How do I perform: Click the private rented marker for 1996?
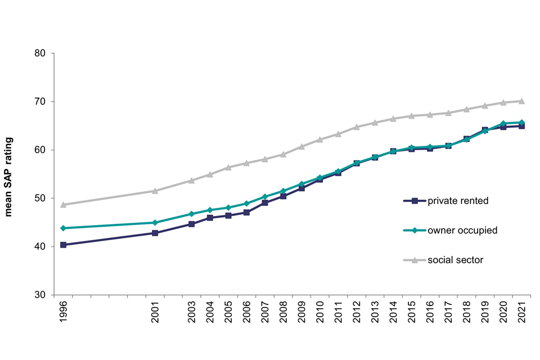coord(63,245)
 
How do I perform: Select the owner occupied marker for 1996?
coord(63,228)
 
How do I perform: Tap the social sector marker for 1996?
coord(63,205)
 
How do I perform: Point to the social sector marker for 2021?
coord(521,101)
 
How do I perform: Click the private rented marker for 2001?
coord(155,233)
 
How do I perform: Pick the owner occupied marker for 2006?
coord(246,204)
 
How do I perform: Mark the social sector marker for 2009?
coord(301,147)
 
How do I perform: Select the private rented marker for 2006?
coord(246,213)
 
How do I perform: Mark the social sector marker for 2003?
coord(191,181)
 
